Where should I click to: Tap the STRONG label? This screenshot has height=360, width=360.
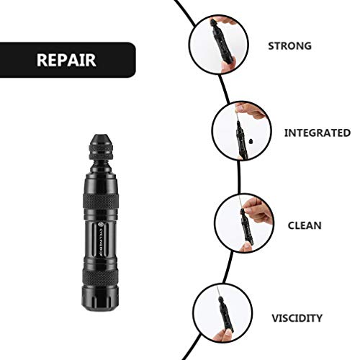289,45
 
